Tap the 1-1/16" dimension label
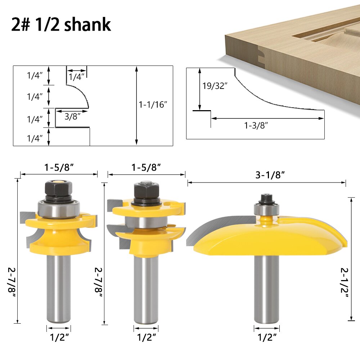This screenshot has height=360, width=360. [153, 105]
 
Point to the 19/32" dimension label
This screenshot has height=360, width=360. [215, 86]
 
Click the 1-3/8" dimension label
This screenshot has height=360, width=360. [256, 125]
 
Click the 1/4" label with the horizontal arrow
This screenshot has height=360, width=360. [76, 76]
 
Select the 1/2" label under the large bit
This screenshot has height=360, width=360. [267, 337]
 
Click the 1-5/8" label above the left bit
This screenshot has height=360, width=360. [59, 167]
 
